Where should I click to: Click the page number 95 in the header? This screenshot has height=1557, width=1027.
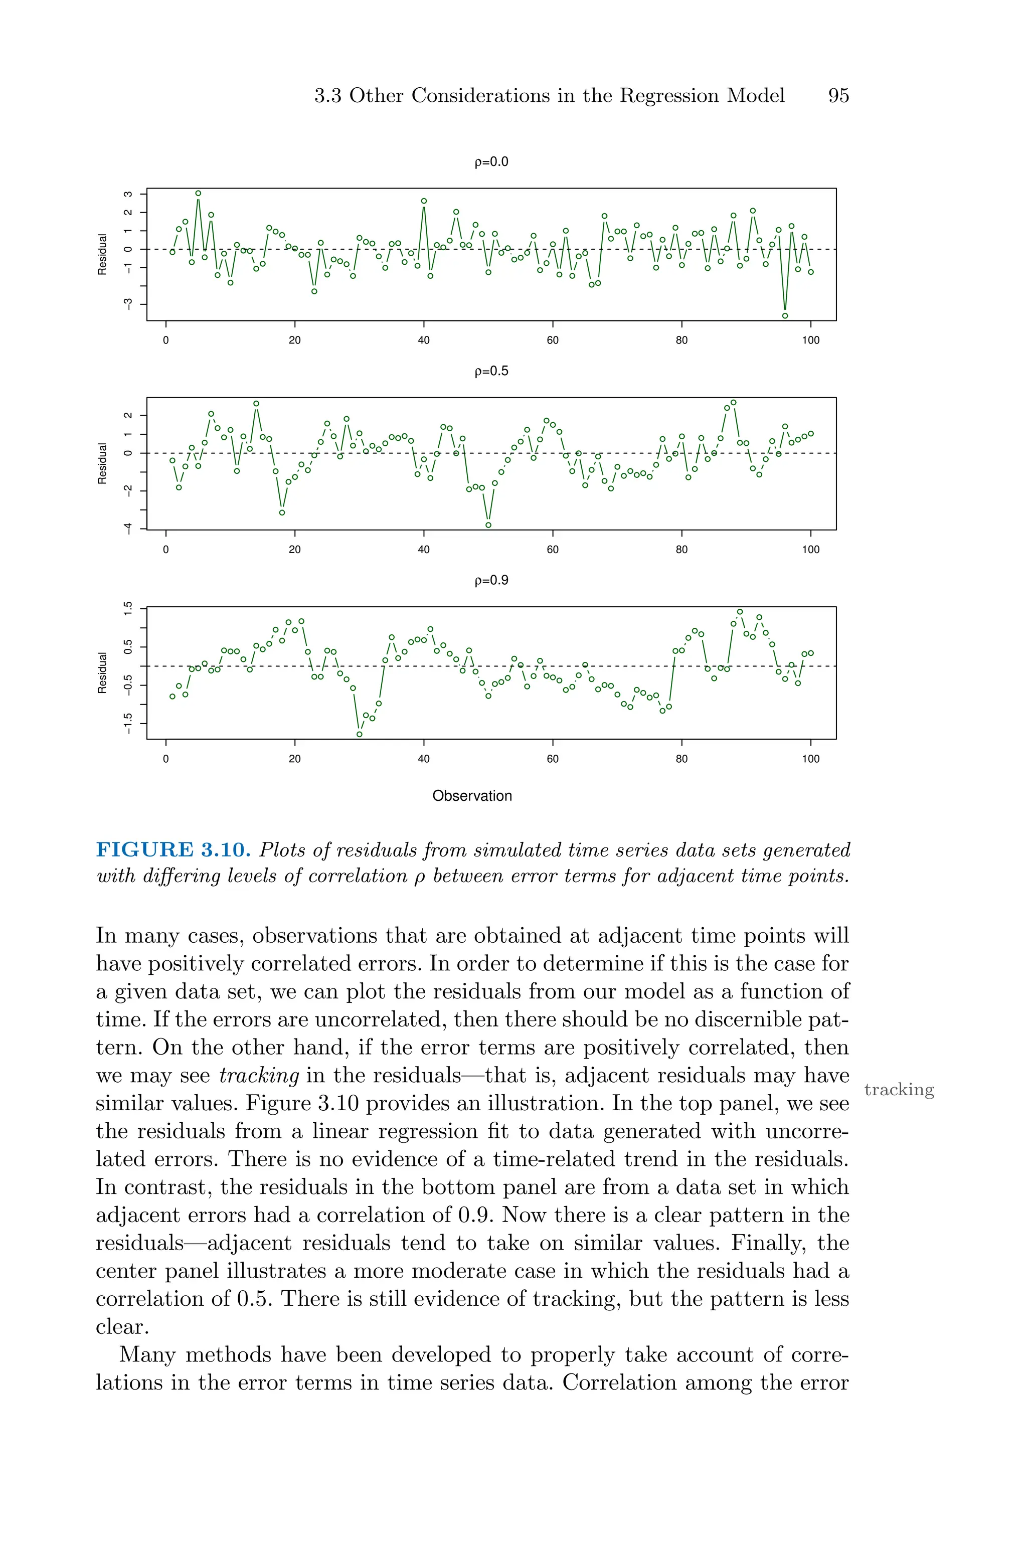(838, 96)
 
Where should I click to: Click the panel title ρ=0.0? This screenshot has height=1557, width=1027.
(491, 162)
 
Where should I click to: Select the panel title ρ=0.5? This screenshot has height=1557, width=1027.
(491, 371)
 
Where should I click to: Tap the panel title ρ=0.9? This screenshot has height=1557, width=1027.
(491, 580)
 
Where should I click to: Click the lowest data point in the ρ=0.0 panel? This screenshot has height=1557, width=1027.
(785, 315)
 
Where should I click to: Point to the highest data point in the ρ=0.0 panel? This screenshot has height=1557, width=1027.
(198, 193)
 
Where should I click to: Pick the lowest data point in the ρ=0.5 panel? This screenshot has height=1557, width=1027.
(488, 525)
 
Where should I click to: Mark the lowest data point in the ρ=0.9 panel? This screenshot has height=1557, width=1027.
(359, 734)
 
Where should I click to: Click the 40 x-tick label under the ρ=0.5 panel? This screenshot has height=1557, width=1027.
(424, 549)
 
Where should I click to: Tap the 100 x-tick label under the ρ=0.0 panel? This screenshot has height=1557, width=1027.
(810, 340)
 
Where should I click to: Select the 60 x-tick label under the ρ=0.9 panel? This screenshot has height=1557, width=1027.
(553, 758)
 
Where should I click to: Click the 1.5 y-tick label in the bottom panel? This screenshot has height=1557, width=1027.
(128, 608)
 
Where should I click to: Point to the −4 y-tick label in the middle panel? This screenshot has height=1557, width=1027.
(128, 528)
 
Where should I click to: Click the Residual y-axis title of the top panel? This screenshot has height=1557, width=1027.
(102, 254)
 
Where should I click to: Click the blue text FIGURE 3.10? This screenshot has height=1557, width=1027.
(173, 850)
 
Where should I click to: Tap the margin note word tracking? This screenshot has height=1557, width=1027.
(899, 1090)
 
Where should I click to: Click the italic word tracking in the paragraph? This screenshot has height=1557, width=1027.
(259, 1076)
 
